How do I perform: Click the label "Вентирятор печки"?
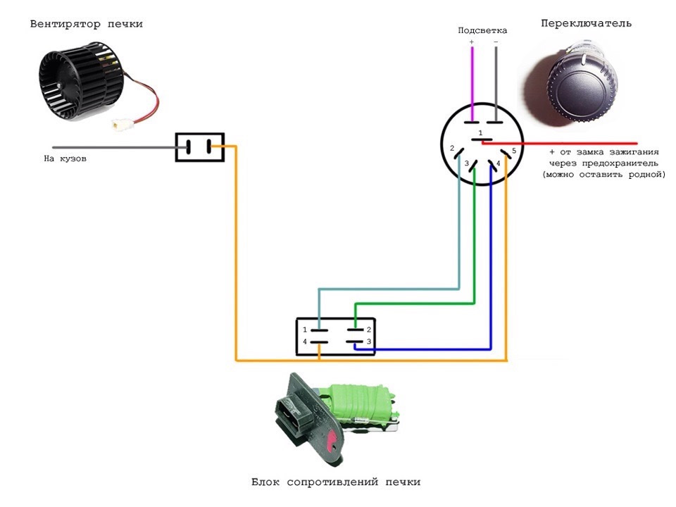[x=86, y=24]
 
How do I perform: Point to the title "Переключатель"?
[x=586, y=23]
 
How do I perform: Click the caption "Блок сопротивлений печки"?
[x=336, y=482]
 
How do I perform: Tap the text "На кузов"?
[x=65, y=159]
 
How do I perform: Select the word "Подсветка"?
[x=482, y=30]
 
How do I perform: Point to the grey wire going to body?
[x=106, y=147]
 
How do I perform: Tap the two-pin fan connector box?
[x=199, y=147]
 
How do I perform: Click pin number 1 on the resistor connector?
[x=305, y=330]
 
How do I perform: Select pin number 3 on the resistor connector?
[x=368, y=342]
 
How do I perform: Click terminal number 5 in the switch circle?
[x=514, y=151]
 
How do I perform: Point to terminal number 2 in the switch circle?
[x=451, y=149]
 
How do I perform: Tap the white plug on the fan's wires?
[x=118, y=125]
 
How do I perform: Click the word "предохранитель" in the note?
[x=606, y=163]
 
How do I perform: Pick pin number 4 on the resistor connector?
[x=305, y=342]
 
